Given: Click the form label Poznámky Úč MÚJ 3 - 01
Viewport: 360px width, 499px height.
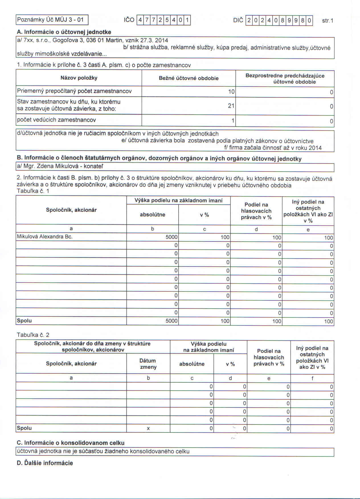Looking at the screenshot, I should point(51,20).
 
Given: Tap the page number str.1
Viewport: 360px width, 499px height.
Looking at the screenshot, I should point(328,21).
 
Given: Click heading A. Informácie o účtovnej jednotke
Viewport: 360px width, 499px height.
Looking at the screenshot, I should point(64,32).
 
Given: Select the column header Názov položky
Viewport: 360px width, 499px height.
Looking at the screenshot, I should point(79,78).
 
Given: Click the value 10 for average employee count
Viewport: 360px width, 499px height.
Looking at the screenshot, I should point(231,91).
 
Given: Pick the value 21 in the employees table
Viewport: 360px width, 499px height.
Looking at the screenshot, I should point(231,106).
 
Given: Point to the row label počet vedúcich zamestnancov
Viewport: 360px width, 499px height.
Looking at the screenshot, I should point(56,120).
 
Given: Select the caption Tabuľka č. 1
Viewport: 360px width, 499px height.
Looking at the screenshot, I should point(33,191).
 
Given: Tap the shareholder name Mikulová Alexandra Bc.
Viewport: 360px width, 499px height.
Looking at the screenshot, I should point(45,237).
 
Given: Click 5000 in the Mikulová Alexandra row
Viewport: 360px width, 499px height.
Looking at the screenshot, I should point(171,237).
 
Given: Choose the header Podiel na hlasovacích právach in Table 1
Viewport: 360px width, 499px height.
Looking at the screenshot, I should point(256,211).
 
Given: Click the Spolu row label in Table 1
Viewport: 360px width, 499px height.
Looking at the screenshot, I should point(24,321).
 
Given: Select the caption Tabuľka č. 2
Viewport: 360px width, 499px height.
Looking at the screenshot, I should point(33,335).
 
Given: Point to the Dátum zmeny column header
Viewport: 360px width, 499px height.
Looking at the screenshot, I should point(148,364).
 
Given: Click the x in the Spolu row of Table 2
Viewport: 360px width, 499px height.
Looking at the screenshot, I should point(148,428).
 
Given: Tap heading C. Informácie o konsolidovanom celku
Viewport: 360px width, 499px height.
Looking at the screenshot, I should point(71,443).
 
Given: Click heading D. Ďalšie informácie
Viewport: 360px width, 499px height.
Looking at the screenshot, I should point(45,463).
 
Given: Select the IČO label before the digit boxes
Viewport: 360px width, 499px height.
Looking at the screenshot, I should point(129,20).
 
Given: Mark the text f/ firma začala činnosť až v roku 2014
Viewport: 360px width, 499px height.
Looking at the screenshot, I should point(273,148).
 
